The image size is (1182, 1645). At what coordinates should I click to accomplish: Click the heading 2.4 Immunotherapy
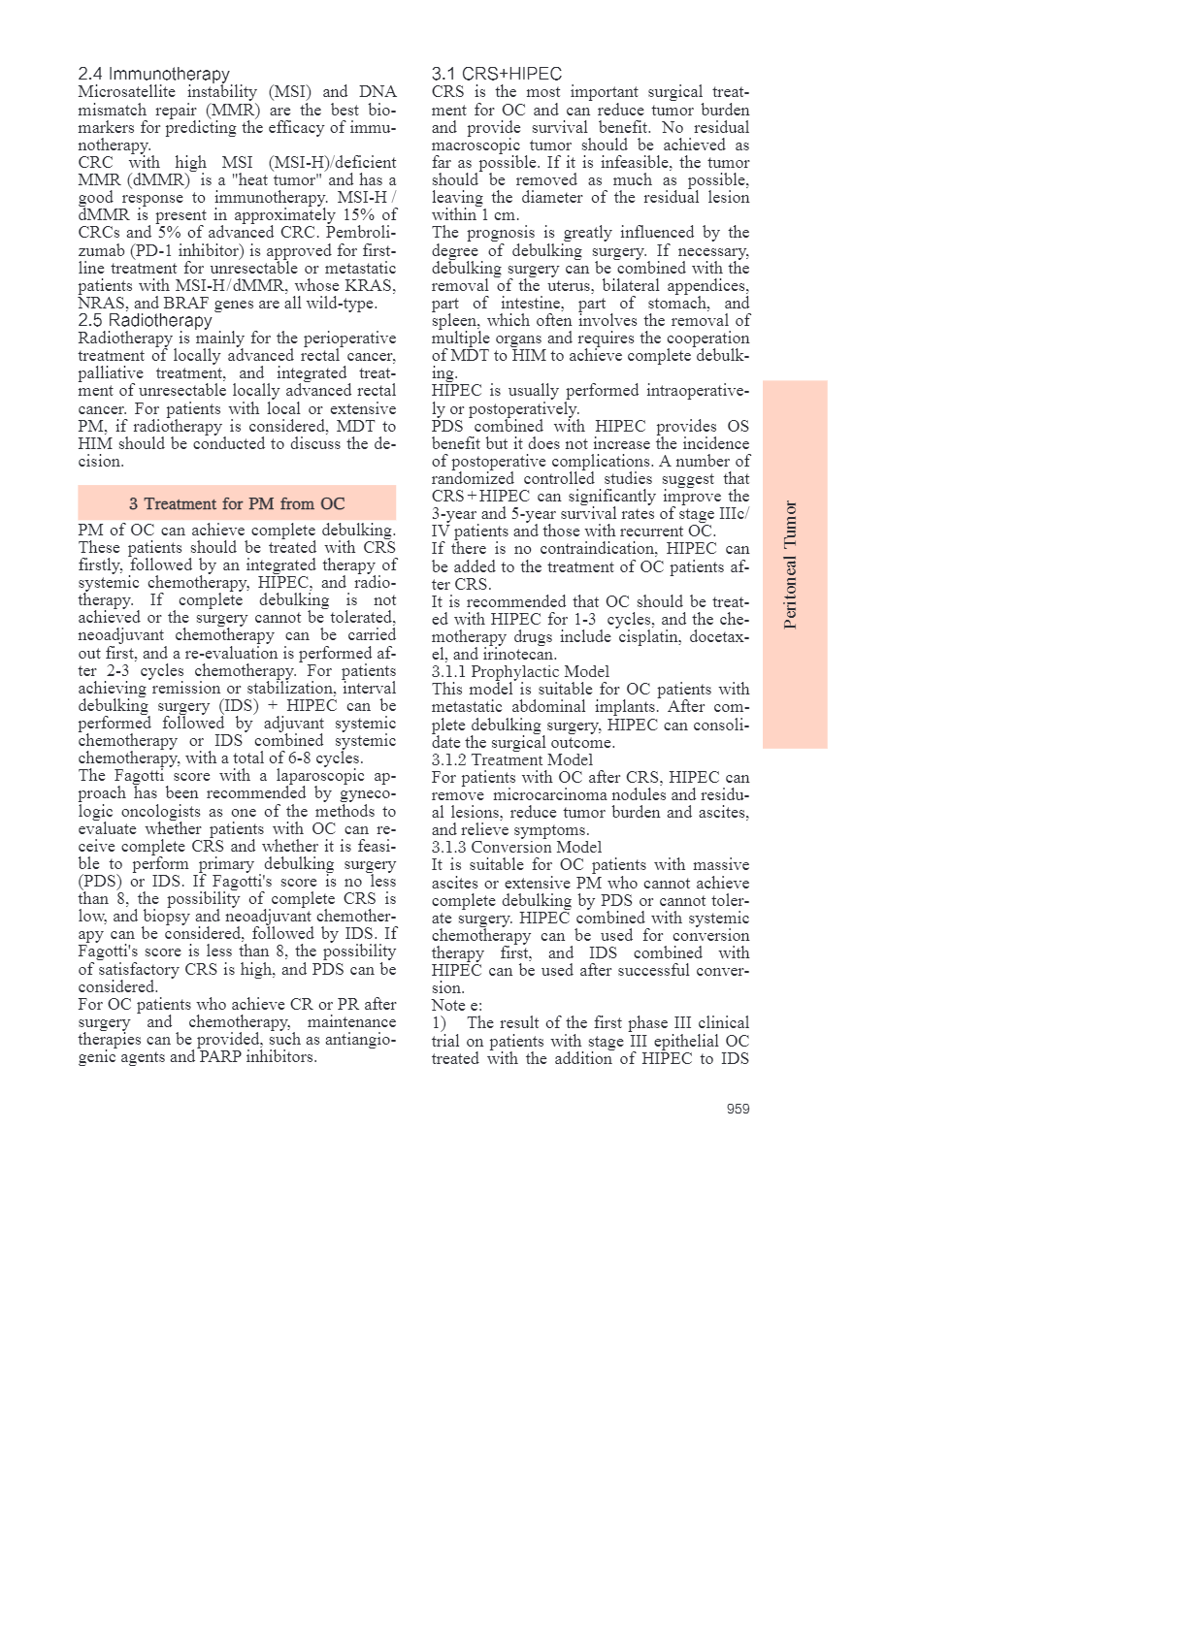pyautogui.click(x=153, y=74)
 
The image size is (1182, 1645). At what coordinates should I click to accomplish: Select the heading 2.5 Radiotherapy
pyautogui.click(x=145, y=320)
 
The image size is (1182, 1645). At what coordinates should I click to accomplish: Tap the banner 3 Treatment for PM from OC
pyautogui.click(x=237, y=503)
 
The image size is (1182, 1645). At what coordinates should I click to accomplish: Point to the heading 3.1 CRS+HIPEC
pyautogui.click(x=496, y=74)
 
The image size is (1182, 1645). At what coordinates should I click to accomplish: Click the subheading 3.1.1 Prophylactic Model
pyautogui.click(x=520, y=671)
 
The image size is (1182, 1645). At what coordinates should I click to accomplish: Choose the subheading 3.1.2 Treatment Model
pyautogui.click(x=511, y=759)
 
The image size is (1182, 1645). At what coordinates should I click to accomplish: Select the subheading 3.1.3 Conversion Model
pyautogui.click(x=516, y=847)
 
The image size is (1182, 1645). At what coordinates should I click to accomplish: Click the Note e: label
pyautogui.click(x=456, y=1005)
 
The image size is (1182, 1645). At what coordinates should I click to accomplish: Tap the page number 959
pyautogui.click(x=738, y=1109)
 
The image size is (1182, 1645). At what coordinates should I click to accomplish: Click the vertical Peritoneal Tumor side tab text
pyautogui.click(x=790, y=564)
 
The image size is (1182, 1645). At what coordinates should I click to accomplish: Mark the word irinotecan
pyautogui.click(x=519, y=654)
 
